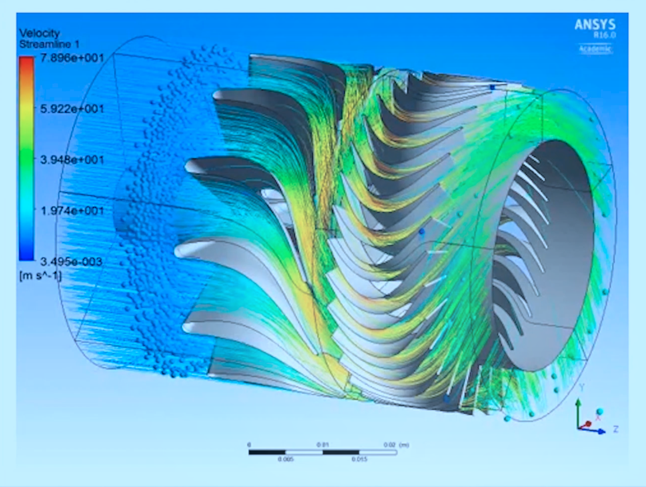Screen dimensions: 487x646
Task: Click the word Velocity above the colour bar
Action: (x=39, y=33)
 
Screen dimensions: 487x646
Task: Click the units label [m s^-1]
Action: (x=40, y=273)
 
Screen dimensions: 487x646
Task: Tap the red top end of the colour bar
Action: (x=26, y=60)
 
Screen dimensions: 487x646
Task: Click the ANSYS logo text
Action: (x=595, y=25)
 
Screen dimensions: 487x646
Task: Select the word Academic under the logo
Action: (x=595, y=49)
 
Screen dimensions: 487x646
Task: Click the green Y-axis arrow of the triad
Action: (x=578, y=407)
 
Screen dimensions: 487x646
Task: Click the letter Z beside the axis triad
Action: (x=616, y=429)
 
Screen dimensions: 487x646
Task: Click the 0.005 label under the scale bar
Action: (x=286, y=459)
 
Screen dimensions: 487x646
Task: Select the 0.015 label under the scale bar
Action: (x=359, y=459)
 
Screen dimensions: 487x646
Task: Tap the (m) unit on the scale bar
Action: (x=405, y=445)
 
